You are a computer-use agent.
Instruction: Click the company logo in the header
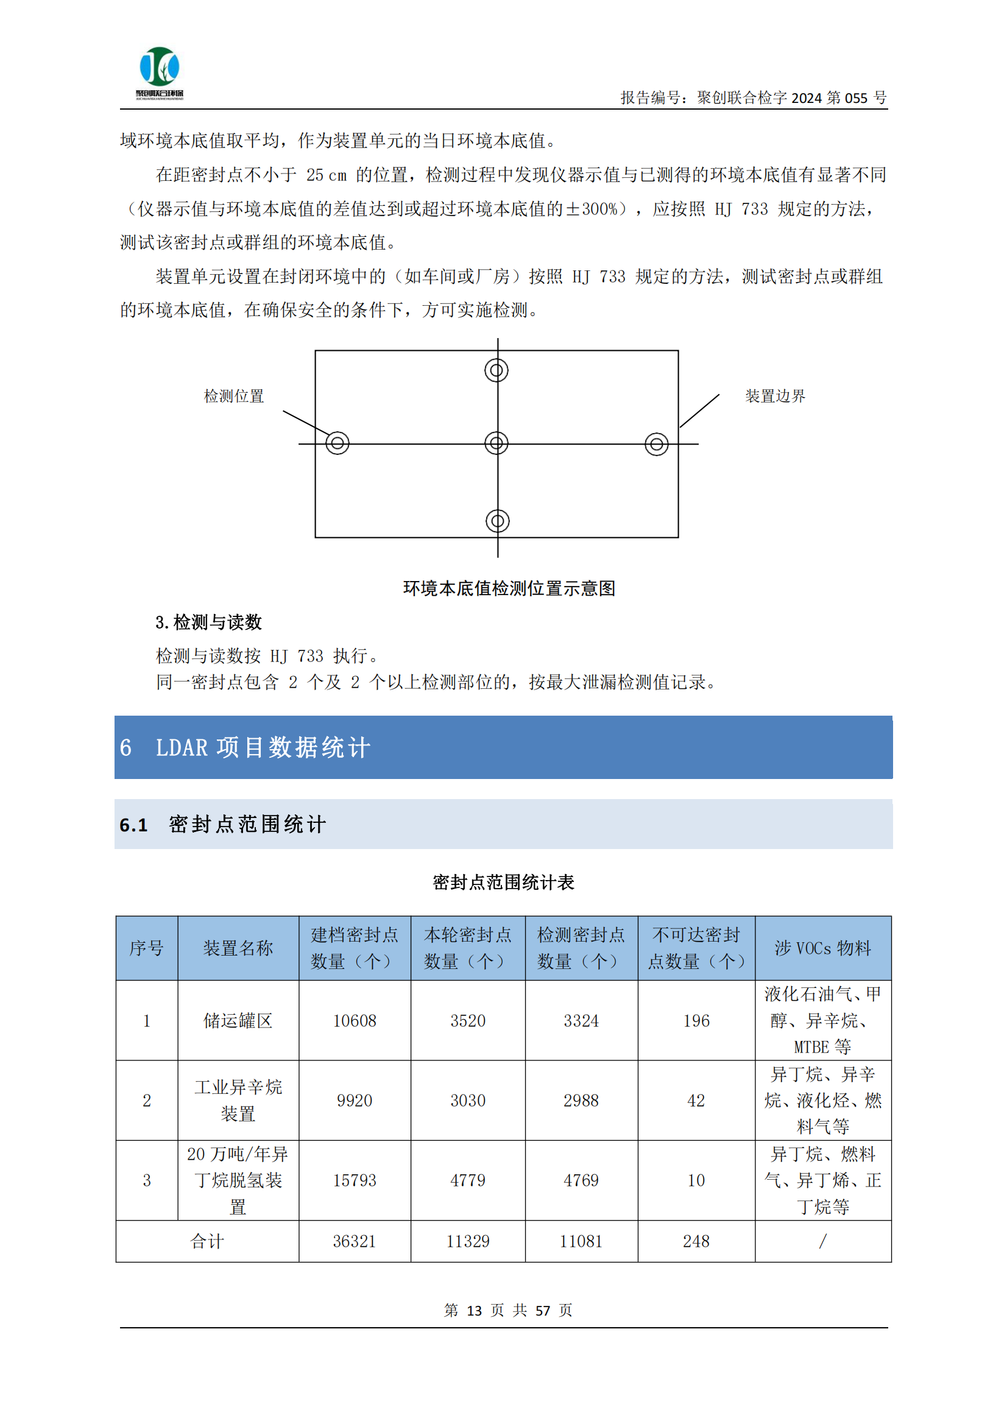click(160, 71)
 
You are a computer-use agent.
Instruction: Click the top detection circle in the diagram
click(496, 370)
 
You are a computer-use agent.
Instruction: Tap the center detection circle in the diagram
click(496, 443)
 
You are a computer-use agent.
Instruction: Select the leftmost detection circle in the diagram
click(337, 443)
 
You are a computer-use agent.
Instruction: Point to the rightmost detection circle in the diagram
click(657, 444)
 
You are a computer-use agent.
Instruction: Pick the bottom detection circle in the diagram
click(498, 521)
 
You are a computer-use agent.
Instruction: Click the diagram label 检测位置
click(234, 397)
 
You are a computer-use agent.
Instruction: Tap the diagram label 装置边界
click(775, 397)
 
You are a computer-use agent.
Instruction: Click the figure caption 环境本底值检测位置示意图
click(509, 588)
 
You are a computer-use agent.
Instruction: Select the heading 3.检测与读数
click(208, 622)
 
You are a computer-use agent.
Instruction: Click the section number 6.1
click(133, 825)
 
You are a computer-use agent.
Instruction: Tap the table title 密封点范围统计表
click(503, 882)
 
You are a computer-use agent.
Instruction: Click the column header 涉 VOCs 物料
click(823, 948)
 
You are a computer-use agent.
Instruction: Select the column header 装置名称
click(238, 948)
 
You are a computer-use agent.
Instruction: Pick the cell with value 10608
click(355, 1021)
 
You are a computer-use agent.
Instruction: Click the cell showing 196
click(696, 1021)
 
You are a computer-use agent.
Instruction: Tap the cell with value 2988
click(581, 1100)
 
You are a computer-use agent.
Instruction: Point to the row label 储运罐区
click(238, 1021)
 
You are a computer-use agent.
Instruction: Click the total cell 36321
click(355, 1241)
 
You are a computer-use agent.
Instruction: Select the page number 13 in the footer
click(474, 1311)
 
